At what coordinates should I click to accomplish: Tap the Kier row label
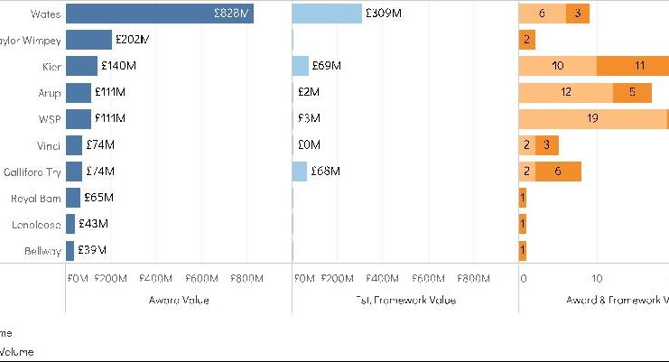[51, 66]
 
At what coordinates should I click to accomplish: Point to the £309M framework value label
[385, 14]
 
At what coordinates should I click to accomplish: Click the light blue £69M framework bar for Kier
[301, 66]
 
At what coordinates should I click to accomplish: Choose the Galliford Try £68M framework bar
[300, 172]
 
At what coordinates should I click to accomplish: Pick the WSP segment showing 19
[592, 118]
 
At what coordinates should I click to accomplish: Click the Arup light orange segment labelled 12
[565, 92]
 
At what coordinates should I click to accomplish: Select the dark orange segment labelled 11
[638, 66]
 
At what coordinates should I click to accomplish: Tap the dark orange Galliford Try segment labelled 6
[557, 172]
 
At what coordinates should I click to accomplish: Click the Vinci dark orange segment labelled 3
[546, 144]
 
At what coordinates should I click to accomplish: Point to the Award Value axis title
[179, 300]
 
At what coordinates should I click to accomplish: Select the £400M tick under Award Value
[157, 278]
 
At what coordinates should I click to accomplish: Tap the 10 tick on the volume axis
[597, 278]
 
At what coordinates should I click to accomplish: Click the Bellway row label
[42, 250]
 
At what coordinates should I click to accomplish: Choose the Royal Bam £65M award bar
[71, 198]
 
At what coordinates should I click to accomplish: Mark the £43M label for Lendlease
[93, 224]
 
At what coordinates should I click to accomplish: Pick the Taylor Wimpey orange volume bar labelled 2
[526, 40]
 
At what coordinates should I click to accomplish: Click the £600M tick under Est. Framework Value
[430, 278]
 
